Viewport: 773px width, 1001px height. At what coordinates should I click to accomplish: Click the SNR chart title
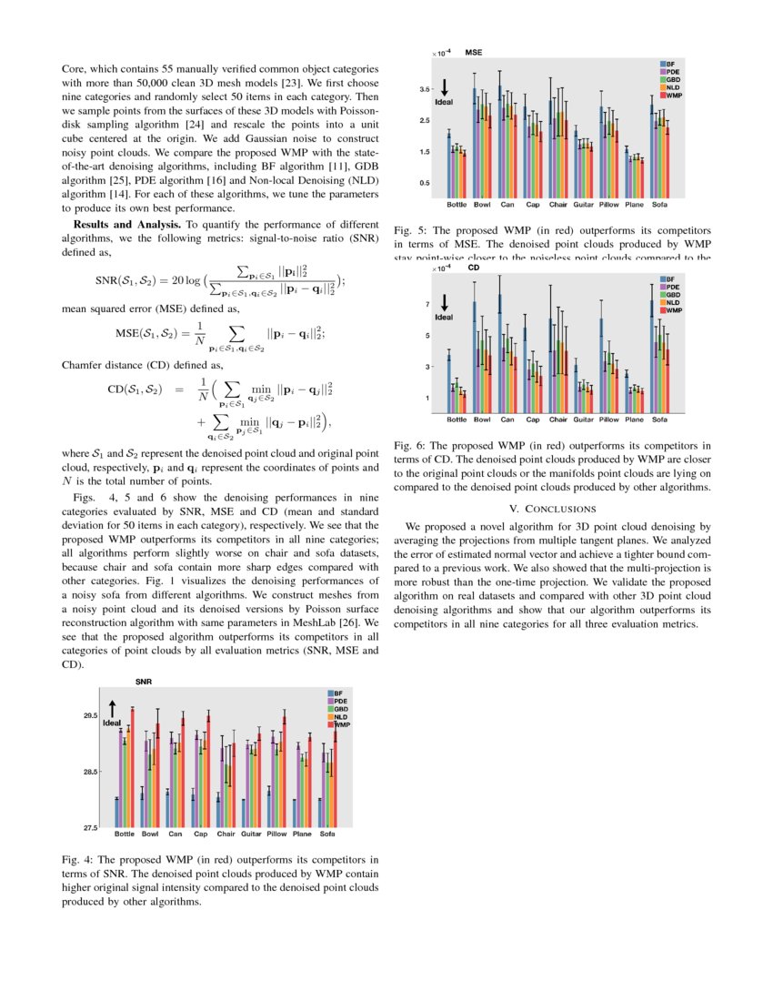coord(144,682)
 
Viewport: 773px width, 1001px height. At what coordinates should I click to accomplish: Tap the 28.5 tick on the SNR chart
coord(89,772)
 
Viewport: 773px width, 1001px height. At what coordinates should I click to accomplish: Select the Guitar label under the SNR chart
coord(252,834)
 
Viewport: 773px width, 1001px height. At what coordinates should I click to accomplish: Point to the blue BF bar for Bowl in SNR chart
coord(142,809)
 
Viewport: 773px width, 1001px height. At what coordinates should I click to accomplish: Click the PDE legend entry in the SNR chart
coord(341,702)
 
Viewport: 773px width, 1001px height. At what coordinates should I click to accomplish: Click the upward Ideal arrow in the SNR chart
coord(112,708)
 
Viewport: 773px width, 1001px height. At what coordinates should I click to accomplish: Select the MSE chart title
coord(474,53)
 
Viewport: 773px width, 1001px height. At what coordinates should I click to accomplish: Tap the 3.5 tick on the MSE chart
coord(425,89)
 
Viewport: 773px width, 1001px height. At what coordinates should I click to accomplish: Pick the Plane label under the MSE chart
coord(635,204)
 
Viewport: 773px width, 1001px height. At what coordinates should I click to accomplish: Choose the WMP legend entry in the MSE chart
coord(673,95)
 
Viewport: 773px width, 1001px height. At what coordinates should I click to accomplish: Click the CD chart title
coord(473,268)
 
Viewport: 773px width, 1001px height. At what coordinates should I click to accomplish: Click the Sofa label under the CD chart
coord(660,420)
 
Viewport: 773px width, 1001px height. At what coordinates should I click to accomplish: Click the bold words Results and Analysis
coord(126,223)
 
